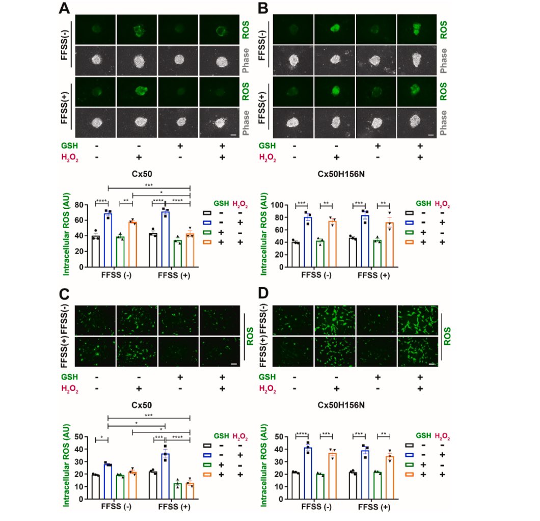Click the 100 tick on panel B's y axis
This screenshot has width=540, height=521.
pyautogui.click(x=281, y=205)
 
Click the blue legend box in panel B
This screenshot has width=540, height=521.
pyautogui.click(x=410, y=223)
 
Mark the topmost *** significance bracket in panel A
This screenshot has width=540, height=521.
pyautogui.click(x=149, y=186)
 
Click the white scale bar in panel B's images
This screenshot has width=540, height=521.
pyautogui.click(x=431, y=135)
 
